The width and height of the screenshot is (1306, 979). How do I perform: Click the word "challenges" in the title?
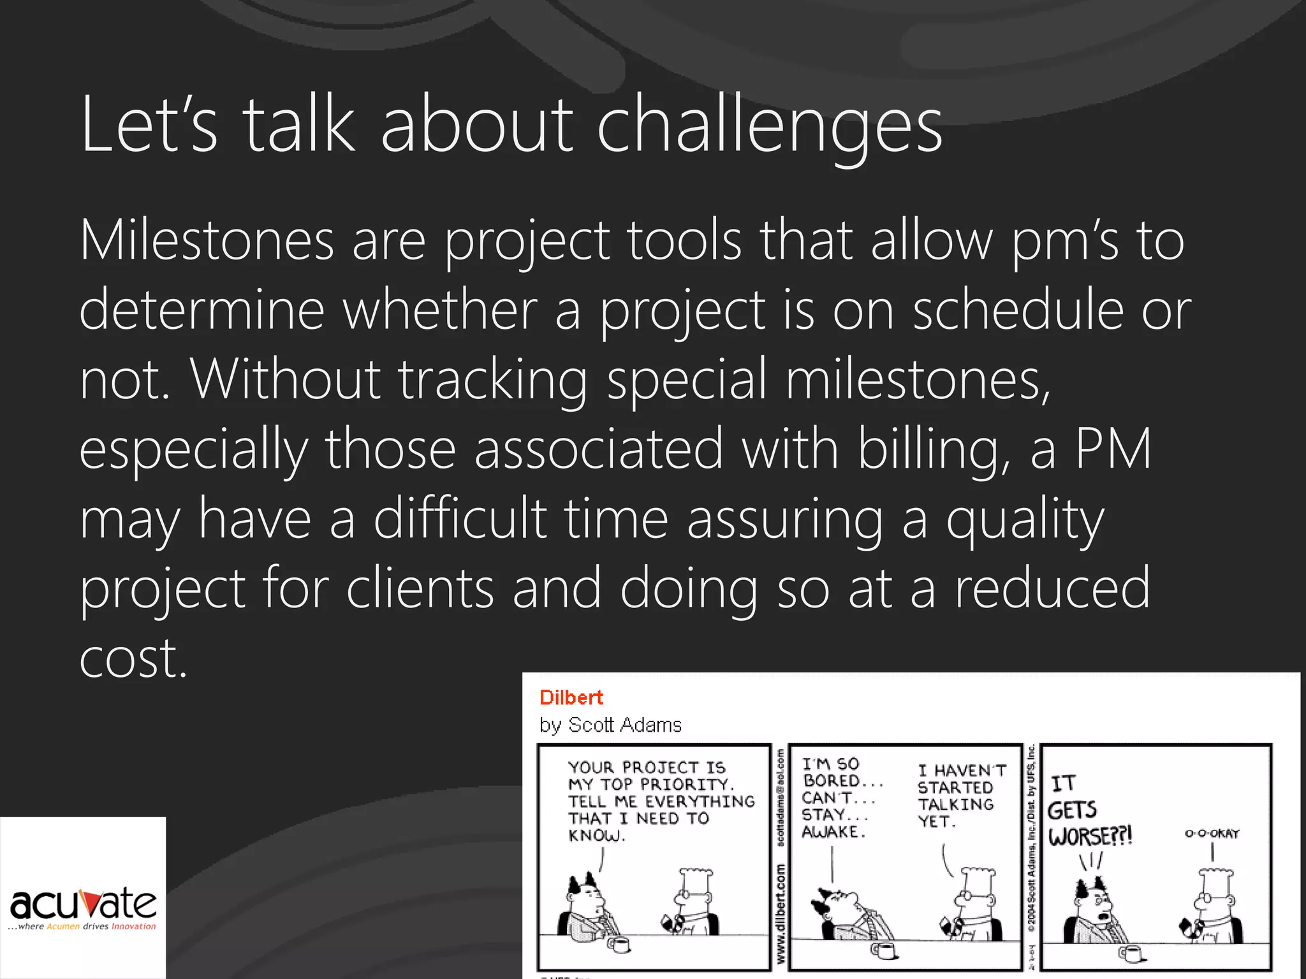(769, 125)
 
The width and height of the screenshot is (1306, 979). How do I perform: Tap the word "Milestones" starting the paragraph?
(207, 241)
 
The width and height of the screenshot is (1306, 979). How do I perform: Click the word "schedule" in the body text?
(1018, 310)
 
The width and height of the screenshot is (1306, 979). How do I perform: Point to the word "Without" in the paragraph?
(285, 380)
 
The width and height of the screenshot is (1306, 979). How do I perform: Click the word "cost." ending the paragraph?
(133, 658)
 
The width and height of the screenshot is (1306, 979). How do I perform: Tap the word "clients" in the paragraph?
(420, 588)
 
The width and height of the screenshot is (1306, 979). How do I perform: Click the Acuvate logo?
(83, 907)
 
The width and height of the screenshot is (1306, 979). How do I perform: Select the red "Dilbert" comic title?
(571, 698)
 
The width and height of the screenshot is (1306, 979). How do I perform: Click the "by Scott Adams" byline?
(610, 725)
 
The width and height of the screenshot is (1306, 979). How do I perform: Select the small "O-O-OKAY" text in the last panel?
(1211, 834)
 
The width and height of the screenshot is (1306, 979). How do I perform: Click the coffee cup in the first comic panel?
(619, 943)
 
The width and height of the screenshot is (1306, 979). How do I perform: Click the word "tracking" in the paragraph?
(493, 380)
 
